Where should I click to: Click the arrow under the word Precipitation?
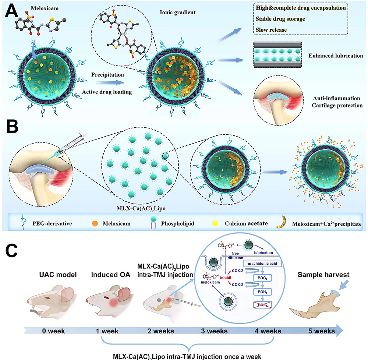pos(105,83)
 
